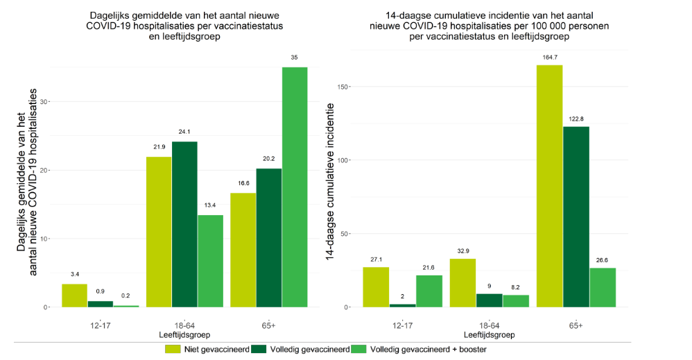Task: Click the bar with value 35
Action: point(295,187)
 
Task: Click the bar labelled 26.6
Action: point(602,287)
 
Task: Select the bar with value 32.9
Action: point(462,283)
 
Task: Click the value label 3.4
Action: point(74,274)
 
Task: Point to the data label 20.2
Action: point(268,159)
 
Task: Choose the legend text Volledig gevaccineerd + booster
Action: point(429,350)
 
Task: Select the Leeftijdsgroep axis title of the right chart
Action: point(489,335)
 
